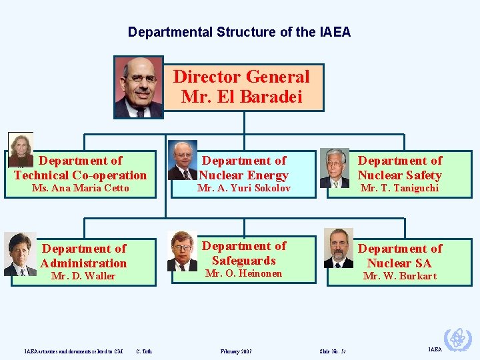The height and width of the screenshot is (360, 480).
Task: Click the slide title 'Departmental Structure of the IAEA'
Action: tap(239, 32)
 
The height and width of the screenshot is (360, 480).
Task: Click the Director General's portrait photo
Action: tap(139, 87)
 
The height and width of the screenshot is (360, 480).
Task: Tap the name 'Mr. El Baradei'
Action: tap(241, 97)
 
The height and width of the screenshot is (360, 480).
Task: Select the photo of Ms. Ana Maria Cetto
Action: tap(20, 149)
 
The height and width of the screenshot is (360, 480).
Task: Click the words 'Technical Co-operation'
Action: tap(80, 175)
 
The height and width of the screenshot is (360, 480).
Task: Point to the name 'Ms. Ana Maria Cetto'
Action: tap(80, 189)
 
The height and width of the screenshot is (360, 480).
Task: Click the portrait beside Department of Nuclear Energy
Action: tap(182, 160)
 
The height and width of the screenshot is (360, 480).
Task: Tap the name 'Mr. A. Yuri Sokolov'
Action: tap(244, 189)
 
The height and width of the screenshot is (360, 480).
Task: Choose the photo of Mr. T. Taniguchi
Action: tap(334, 167)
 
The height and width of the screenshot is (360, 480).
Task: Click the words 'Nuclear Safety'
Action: tap(399, 175)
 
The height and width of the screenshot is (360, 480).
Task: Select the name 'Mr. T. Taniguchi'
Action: tap(399, 189)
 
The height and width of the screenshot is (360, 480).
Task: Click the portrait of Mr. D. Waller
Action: tap(20, 253)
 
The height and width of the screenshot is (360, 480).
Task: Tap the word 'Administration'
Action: tap(83, 263)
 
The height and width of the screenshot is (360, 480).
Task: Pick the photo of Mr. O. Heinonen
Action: tap(182, 251)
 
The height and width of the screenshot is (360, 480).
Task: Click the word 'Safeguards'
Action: tap(244, 261)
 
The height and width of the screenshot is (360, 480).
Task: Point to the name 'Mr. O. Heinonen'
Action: tap(244, 273)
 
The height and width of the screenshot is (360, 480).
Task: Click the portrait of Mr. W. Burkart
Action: tap(339, 248)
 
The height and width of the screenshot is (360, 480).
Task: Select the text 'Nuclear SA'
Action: tap(399, 263)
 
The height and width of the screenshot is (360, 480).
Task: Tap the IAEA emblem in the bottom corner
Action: tap(458, 339)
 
